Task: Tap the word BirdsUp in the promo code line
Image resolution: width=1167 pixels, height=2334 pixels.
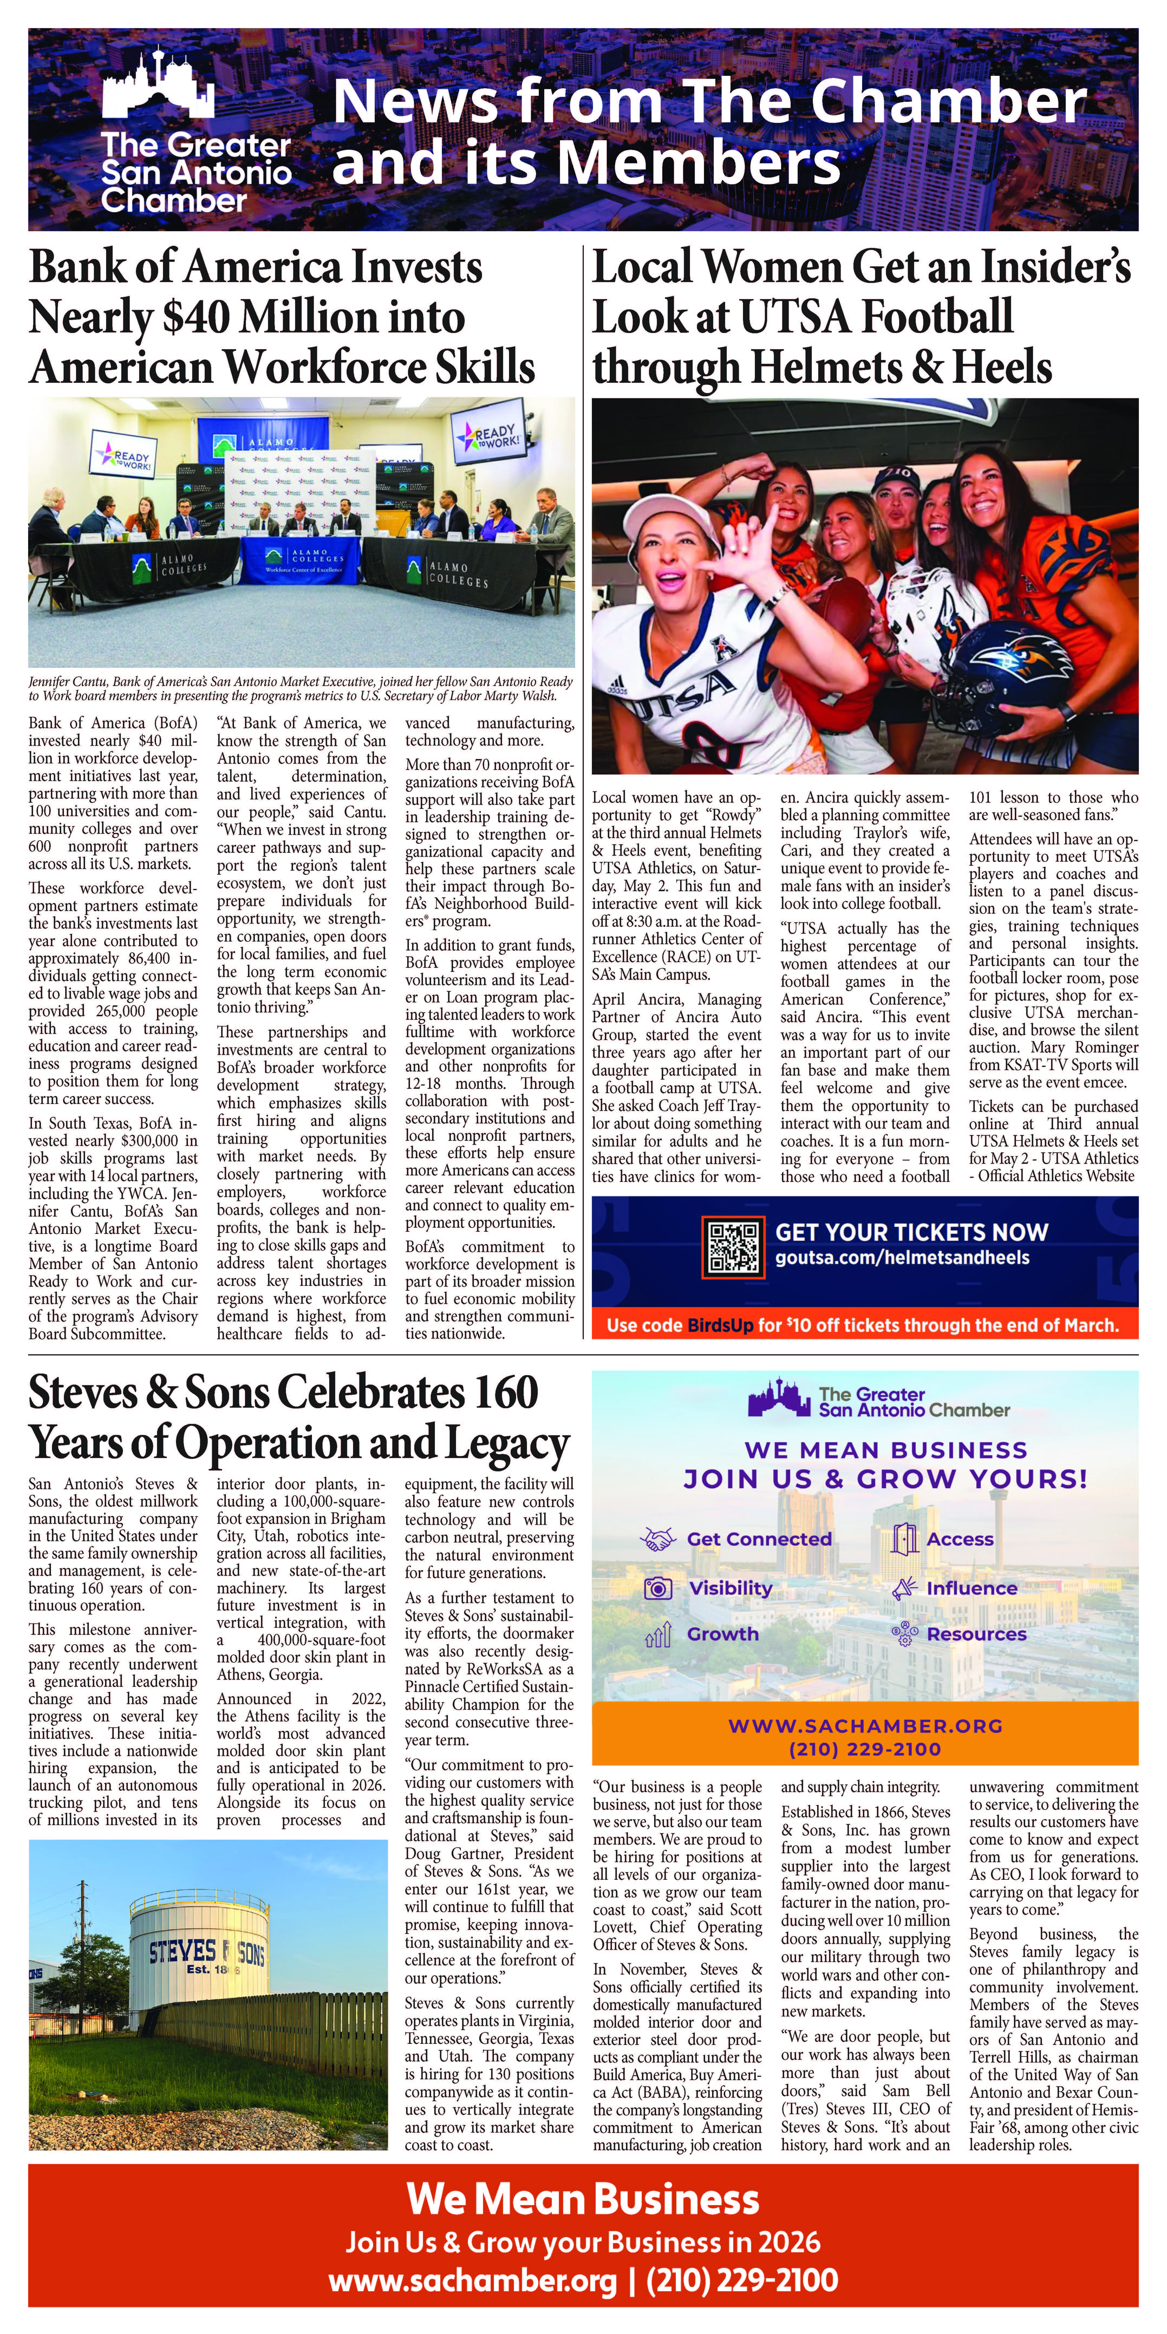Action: coord(720,1326)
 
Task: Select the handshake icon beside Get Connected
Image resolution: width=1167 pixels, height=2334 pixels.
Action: coord(659,1538)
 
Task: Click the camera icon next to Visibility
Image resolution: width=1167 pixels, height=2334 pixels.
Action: coord(659,1587)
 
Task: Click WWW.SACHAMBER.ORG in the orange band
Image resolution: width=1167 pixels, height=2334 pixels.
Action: coord(865,1726)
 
